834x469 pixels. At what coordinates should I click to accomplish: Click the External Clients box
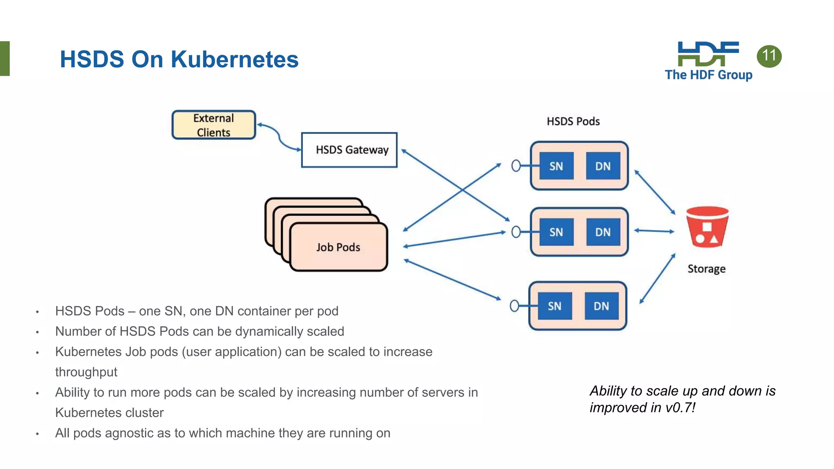(213, 125)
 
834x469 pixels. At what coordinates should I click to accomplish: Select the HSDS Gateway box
(349, 150)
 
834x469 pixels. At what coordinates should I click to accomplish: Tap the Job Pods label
(338, 247)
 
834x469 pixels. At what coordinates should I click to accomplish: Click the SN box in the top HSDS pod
(556, 166)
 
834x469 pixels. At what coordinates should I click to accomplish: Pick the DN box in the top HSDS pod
(603, 166)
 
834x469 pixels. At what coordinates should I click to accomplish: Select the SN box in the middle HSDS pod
(556, 232)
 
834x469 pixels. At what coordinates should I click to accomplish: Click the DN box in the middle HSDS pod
(603, 232)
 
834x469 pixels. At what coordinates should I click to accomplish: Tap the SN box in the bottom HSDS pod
(555, 306)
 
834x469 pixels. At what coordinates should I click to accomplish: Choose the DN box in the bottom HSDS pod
(601, 306)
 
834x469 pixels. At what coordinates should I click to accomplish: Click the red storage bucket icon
(707, 227)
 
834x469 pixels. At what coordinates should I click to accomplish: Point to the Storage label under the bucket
(707, 269)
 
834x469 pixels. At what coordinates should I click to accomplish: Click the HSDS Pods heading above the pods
(573, 121)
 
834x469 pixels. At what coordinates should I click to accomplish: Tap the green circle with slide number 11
(769, 56)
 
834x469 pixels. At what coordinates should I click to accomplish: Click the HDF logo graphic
(708, 54)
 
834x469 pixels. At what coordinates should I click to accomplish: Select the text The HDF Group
(709, 75)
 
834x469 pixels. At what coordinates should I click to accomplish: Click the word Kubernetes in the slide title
(234, 59)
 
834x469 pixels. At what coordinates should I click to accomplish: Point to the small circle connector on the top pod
(516, 166)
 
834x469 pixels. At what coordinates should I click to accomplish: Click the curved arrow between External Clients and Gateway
(279, 136)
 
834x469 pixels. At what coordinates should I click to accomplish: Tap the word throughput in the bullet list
(86, 372)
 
